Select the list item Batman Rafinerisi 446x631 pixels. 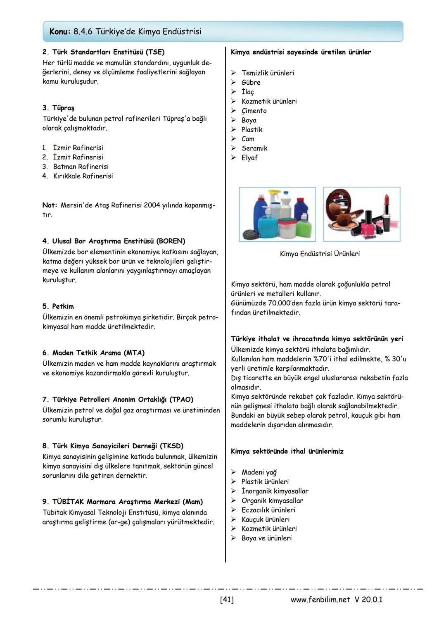click(x=81, y=167)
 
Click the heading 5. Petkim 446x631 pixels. click(x=58, y=306)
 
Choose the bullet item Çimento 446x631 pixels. click(x=254, y=111)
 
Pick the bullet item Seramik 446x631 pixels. click(x=254, y=148)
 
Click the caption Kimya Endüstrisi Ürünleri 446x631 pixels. click(x=320, y=254)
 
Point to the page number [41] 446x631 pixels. click(x=227, y=599)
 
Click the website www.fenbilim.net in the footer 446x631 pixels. click(x=320, y=599)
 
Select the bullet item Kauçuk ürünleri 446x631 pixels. click(x=265, y=519)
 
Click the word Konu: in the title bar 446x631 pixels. click(x=60, y=32)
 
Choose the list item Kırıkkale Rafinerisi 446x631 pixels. click(x=83, y=176)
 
